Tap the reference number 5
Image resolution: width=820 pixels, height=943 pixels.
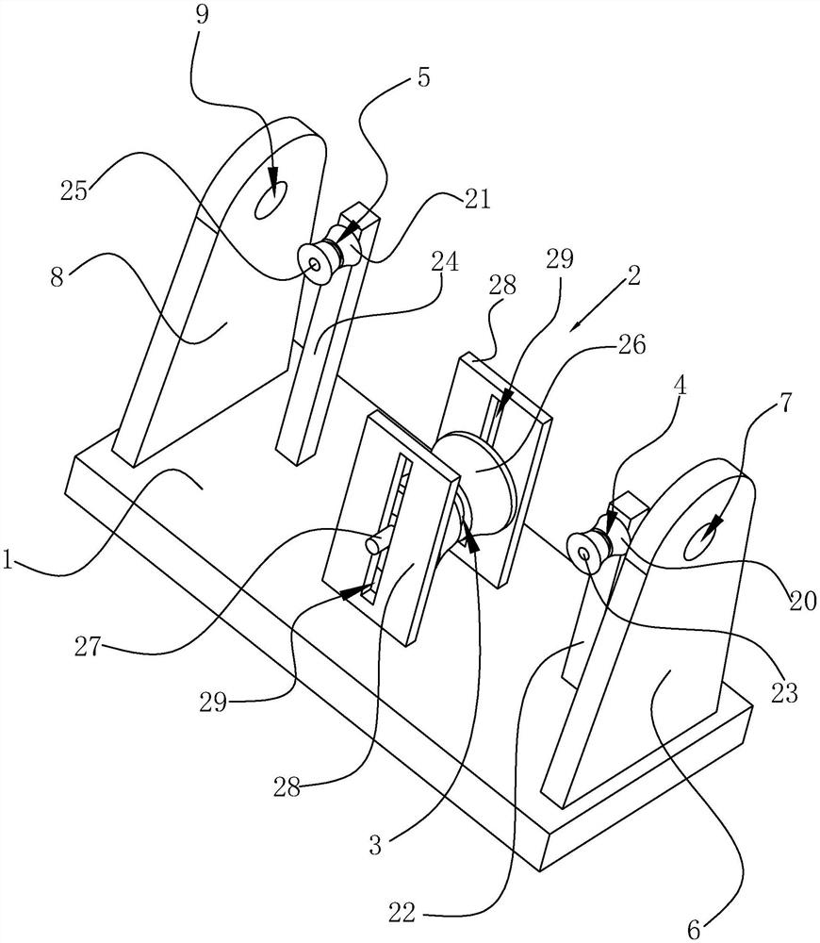[423, 76]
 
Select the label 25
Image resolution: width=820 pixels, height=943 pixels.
[74, 190]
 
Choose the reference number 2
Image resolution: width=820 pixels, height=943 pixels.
[633, 276]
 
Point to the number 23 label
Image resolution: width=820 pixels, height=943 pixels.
[785, 693]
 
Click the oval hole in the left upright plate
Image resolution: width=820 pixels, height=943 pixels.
[274, 201]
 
